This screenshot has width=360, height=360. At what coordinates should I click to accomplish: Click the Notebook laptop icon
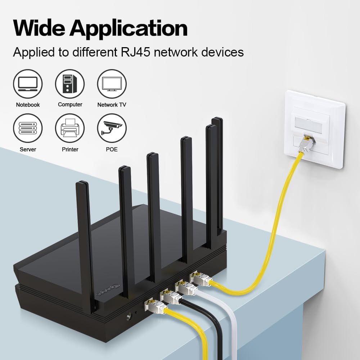click(28, 84)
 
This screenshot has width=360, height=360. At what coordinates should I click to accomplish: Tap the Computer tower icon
click(70, 84)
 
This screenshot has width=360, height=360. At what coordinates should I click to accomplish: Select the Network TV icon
click(112, 84)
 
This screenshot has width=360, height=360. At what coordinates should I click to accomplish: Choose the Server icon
click(28, 128)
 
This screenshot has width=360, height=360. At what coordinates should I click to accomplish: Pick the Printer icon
click(70, 128)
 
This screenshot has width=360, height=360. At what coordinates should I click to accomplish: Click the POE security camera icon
click(112, 128)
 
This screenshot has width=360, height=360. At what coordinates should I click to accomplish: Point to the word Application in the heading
click(129, 30)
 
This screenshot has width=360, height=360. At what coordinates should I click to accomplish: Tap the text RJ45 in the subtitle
click(135, 52)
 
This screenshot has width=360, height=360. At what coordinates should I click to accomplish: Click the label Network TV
click(112, 105)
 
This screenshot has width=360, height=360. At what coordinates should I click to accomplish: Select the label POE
click(112, 149)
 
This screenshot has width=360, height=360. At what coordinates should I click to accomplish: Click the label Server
click(28, 149)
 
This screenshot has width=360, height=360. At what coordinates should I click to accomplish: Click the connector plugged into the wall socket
click(306, 144)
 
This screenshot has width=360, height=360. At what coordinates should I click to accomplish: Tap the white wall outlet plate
click(315, 129)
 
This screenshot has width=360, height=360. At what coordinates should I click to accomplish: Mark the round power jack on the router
click(129, 317)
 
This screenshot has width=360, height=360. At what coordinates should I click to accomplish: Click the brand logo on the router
click(108, 290)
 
